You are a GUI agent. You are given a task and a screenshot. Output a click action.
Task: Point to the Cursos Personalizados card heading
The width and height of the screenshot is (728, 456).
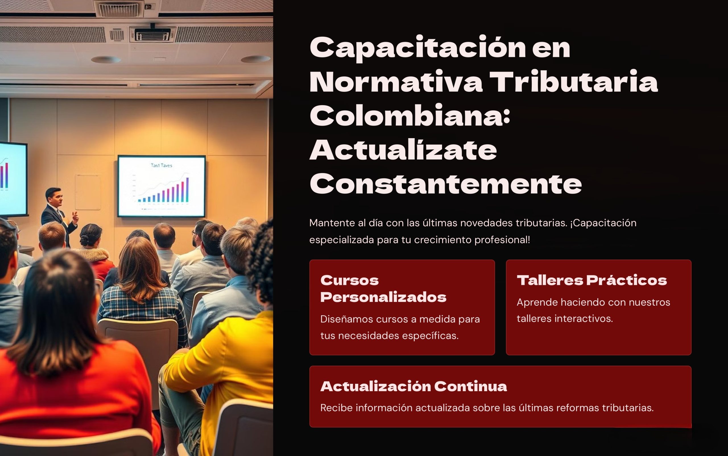pos(383,289)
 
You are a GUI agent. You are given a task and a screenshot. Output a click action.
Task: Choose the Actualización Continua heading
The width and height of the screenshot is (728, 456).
pos(414,386)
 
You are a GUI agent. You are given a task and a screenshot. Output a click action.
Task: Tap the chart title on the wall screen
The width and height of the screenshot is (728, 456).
pos(162,165)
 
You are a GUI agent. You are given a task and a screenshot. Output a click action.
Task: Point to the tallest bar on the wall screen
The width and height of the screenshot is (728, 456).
pos(187,190)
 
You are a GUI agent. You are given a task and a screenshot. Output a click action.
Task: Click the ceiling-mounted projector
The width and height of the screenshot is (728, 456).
pos(152,34)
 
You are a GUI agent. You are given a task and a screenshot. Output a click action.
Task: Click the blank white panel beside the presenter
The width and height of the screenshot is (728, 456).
pos(88,192)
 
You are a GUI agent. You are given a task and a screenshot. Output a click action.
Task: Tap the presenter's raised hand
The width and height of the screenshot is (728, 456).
pos(75,217)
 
